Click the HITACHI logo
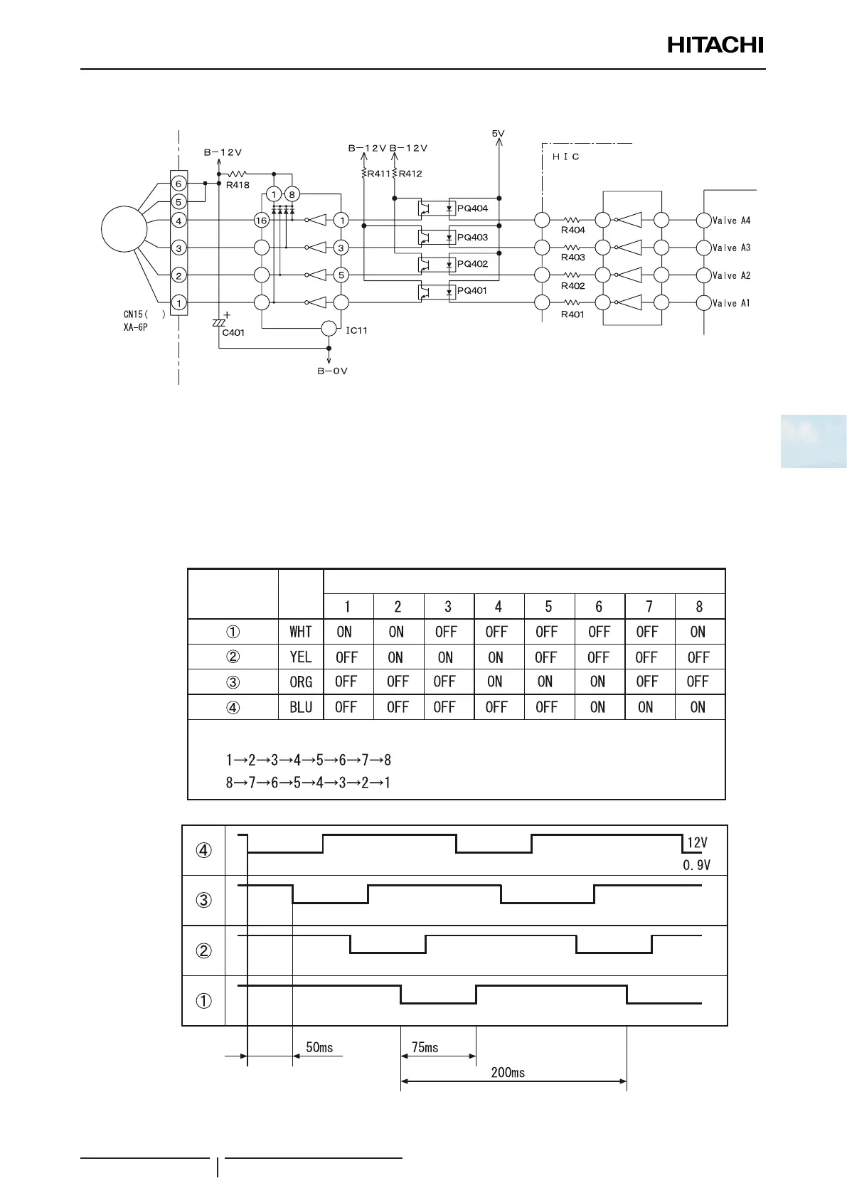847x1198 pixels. pos(715,46)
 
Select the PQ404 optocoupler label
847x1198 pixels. pos(472,208)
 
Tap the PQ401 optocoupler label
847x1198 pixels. pos(472,290)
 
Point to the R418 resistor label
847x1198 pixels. pos(238,185)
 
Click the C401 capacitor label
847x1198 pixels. pos(233,332)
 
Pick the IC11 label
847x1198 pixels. pos(356,331)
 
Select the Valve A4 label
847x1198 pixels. pos(731,221)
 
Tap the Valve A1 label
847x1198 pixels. pos(731,303)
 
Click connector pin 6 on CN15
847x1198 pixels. pos(179,184)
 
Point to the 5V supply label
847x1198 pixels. pos(498,133)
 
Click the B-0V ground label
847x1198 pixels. pos(332,371)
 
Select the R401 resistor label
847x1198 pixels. pos(572,314)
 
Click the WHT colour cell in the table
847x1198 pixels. pos(301,632)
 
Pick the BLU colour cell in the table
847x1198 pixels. pos(301,707)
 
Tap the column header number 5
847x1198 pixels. pos(548,607)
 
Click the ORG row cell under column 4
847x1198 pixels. pos(496,682)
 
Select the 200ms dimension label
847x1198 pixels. pos(508,1072)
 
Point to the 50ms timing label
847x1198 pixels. pos(319,1047)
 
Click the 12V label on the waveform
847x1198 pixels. pos(697,843)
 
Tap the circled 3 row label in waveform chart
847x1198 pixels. pos(204,900)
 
